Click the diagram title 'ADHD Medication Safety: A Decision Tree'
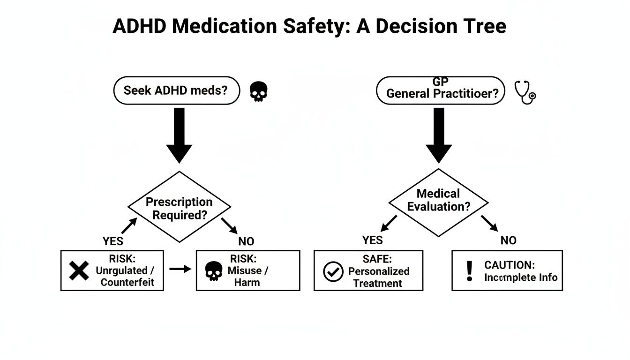point(309,26)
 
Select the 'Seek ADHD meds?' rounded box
point(176,90)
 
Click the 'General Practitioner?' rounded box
point(441,90)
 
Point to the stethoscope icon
point(525,92)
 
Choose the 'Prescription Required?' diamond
point(179,208)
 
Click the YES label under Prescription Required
point(113,241)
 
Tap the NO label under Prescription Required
point(246,241)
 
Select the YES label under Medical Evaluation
point(373,240)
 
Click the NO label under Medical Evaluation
point(508,240)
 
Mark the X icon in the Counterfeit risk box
point(79,271)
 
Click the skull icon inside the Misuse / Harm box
point(214,271)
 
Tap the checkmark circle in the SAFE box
point(333,272)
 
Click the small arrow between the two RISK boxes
point(180,269)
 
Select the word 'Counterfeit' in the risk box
point(127,283)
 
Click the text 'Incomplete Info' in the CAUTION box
point(520,277)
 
